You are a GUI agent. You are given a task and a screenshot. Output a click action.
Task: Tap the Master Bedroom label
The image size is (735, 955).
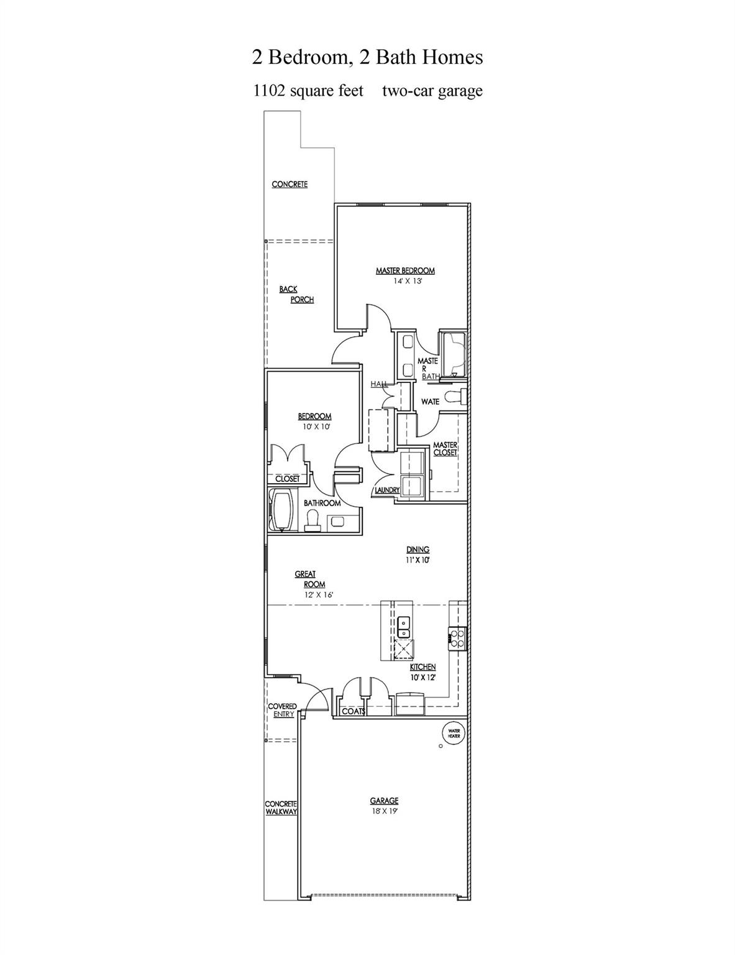(405, 270)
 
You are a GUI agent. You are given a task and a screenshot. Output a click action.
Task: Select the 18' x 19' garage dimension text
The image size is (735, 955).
(384, 811)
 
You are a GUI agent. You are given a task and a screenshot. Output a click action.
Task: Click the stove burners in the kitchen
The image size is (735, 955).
(457, 639)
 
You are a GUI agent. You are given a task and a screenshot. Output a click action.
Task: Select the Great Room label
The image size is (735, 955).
(310, 579)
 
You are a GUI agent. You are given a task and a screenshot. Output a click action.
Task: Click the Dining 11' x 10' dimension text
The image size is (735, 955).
(417, 560)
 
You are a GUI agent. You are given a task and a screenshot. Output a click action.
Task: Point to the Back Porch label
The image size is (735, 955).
(297, 295)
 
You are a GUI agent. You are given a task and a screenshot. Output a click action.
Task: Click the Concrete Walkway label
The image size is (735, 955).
(281, 808)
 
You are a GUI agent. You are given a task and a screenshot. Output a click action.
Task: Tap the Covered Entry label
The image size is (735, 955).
(282, 710)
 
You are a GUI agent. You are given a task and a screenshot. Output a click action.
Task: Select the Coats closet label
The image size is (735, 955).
(354, 711)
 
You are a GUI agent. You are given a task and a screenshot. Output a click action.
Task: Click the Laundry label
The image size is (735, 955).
(387, 490)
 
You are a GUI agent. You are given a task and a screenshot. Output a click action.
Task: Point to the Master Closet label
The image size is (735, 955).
(445, 449)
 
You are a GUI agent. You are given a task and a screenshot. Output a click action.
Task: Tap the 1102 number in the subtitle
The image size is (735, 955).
(269, 91)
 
